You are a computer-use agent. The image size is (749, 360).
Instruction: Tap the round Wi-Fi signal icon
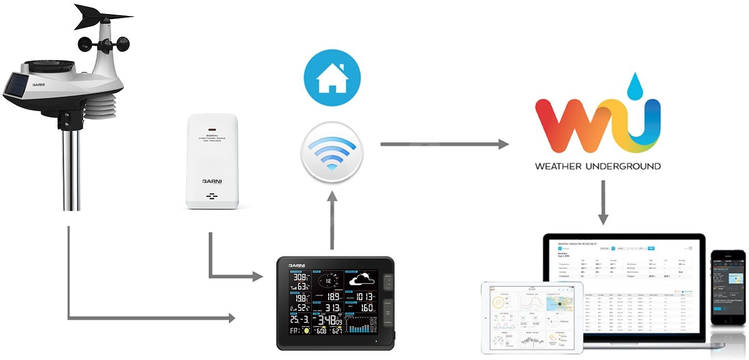pyautogui.click(x=332, y=152)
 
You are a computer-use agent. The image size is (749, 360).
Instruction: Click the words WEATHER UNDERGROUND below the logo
pyautogui.click(x=598, y=167)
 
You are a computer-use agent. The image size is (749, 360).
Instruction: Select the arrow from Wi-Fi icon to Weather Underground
pyautogui.click(x=445, y=144)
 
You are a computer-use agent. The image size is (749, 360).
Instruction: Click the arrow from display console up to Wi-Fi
pyautogui.click(x=332, y=220)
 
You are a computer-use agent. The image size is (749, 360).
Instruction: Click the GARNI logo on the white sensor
pyautogui.click(x=212, y=182)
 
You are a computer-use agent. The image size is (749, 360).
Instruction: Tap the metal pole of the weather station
pyautogui.click(x=71, y=171)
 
